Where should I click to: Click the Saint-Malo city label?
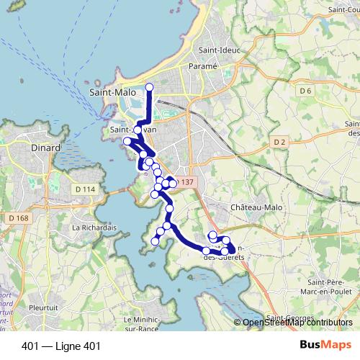coord(110,93)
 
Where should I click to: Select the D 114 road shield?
coord(85,189)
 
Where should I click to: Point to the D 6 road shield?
coord(305,91)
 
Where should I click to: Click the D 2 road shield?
coord(281,143)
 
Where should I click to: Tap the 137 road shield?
coord(186,183)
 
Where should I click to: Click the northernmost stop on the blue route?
coord(150,87)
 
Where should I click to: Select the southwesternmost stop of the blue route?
coord(155,242)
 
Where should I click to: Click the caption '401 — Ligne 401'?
coord(61,346)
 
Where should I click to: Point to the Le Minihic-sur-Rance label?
coord(148,324)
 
